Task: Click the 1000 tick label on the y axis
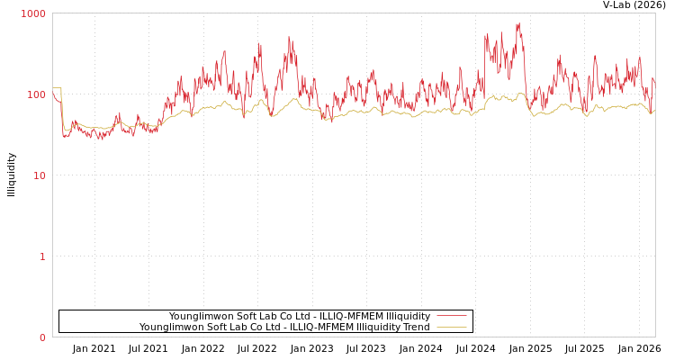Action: (33, 13)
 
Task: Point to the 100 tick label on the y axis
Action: (35, 94)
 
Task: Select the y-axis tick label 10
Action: (39, 175)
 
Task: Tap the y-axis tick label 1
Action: (42, 256)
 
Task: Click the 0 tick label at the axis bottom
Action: (42, 337)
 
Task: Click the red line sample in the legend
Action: (451, 316)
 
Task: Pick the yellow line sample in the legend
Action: (451, 327)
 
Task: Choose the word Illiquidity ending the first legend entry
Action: (408, 316)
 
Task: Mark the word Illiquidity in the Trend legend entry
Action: (377, 327)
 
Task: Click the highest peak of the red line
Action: (518, 24)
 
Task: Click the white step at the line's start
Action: (57, 88)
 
